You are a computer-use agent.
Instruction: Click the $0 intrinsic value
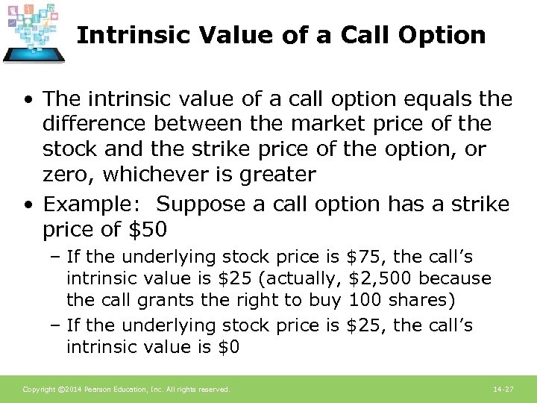tap(229, 347)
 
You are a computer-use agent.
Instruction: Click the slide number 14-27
tap(504, 390)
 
